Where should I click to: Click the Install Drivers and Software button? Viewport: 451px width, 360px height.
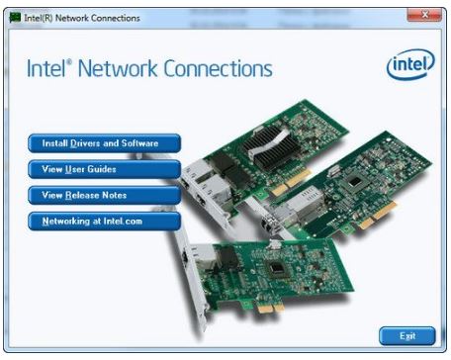pyautogui.click(x=104, y=143)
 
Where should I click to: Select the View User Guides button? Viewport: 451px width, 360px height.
pyautogui.click(x=104, y=169)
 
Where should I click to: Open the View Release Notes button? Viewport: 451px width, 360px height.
pyautogui.click(x=104, y=195)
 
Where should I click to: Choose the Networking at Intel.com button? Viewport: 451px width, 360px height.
pyautogui.click(x=104, y=221)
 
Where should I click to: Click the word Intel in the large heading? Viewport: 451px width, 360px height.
pyautogui.click(x=48, y=69)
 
